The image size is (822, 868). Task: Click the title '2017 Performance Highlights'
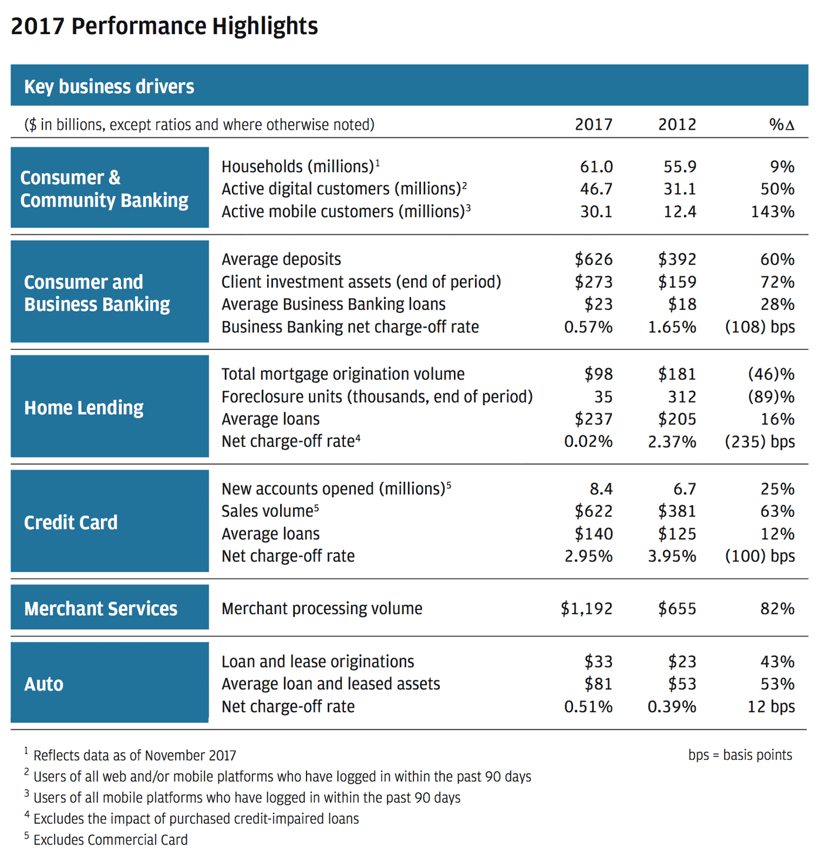pyautogui.click(x=164, y=26)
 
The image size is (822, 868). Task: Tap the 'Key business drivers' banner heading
pyautogui.click(x=109, y=86)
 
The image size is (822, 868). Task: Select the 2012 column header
pyautogui.click(x=677, y=125)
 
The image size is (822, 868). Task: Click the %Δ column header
pyautogui.click(x=781, y=125)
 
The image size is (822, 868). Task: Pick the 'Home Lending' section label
pyautogui.click(x=84, y=408)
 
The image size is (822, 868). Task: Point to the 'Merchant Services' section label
pyautogui.click(x=100, y=608)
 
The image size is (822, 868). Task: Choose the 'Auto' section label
pyautogui.click(x=43, y=684)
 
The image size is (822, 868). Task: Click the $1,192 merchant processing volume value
pyautogui.click(x=586, y=608)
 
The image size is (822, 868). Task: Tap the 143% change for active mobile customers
pyautogui.click(x=773, y=211)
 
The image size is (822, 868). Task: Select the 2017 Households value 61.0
pyautogui.click(x=597, y=166)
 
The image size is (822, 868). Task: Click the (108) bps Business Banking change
pyautogui.click(x=760, y=327)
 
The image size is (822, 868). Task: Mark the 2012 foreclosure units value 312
pyautogui.click(x=682, y=396)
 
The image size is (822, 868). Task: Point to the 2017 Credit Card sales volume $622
pyautogui.click(x=594, y=512)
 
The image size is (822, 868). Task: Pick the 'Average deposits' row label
pyautogui.click(x=281, y=260)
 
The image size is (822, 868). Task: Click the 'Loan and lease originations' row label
pyautogui.click(x=318, y=662)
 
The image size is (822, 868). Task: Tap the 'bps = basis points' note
pyautogui.click(x=740, y=755)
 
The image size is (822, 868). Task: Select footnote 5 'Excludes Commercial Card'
pyautogui.click(x=106, y=840)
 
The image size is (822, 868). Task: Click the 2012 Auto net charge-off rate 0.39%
pyautogui.click(x=672, y=707)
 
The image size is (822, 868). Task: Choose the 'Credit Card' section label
pyautogui.click(x=70, y=523)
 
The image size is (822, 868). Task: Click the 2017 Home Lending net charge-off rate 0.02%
pyautogui.click(x=588, y=442)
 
